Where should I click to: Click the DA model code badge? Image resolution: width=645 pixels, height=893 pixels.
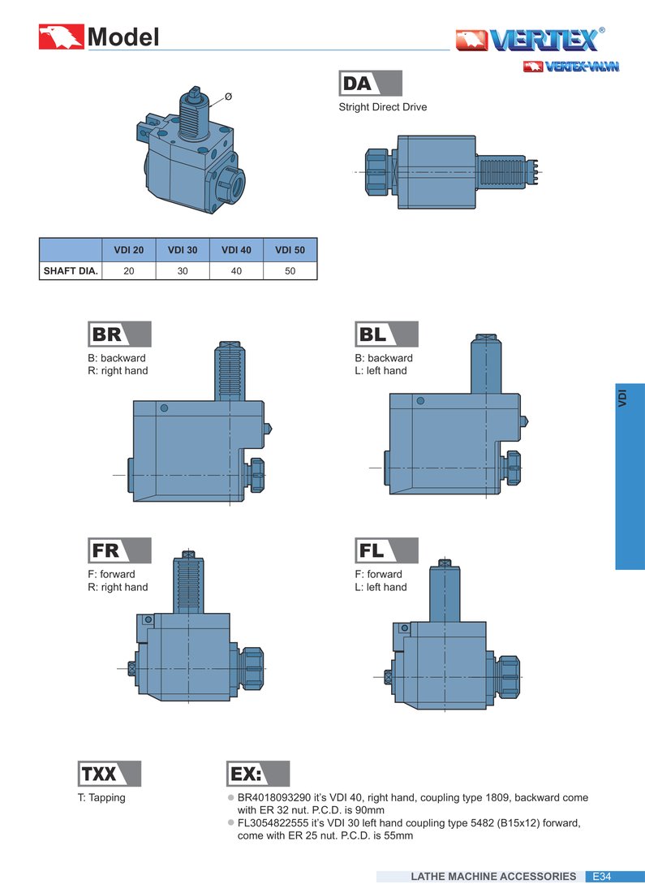click(370, 83)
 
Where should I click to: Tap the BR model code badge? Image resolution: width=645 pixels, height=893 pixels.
click(119, 334)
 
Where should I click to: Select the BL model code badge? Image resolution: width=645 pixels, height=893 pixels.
click(386, 334)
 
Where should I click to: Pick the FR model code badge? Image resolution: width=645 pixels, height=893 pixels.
click(119, 550)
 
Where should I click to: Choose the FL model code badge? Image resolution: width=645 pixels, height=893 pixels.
click(386, 550)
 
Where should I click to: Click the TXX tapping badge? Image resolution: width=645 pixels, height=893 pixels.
click(110, 774)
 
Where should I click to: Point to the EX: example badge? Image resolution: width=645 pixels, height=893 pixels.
click(258, 774)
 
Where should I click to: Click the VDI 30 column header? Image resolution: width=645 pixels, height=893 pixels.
click(183, 250)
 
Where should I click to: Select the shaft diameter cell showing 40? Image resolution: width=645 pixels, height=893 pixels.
click(236, 271)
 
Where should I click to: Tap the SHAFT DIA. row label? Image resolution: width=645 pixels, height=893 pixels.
click(71, 271)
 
